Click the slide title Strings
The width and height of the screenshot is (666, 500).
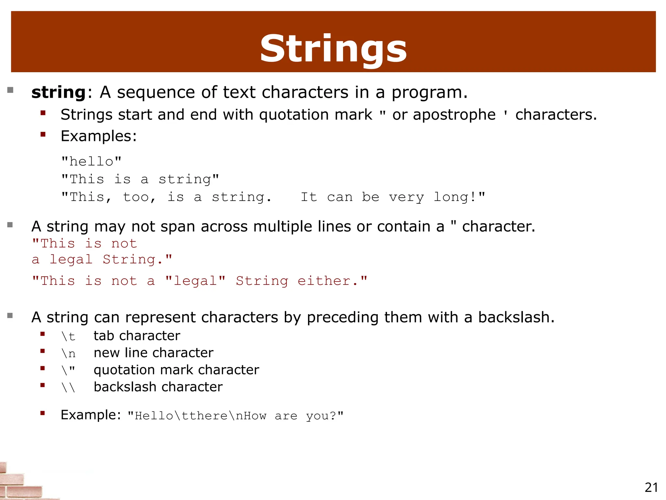click(333, 49)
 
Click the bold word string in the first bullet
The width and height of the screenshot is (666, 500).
click(59, 92)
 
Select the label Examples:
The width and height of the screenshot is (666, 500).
click(99, 136)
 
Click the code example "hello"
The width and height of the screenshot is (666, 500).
click(91, 161)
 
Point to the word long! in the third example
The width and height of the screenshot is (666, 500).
click(459, 197)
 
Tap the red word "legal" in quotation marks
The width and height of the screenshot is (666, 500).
click(195, 281)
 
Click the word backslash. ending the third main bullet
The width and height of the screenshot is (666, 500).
click(516, 317)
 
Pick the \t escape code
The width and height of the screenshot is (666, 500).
click(68, 336)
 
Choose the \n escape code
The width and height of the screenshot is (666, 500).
click(68, 354)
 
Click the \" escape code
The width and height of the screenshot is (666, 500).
click(68, 370)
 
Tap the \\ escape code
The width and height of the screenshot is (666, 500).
click(68, 387)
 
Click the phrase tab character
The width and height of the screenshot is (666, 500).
click(137, 336)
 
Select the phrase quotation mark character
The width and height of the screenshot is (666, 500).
click(176, 370)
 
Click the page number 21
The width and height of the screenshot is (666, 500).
click(651, 488)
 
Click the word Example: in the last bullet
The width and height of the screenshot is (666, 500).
click(91, 415)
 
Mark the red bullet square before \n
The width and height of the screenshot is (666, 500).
click(43, 351)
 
